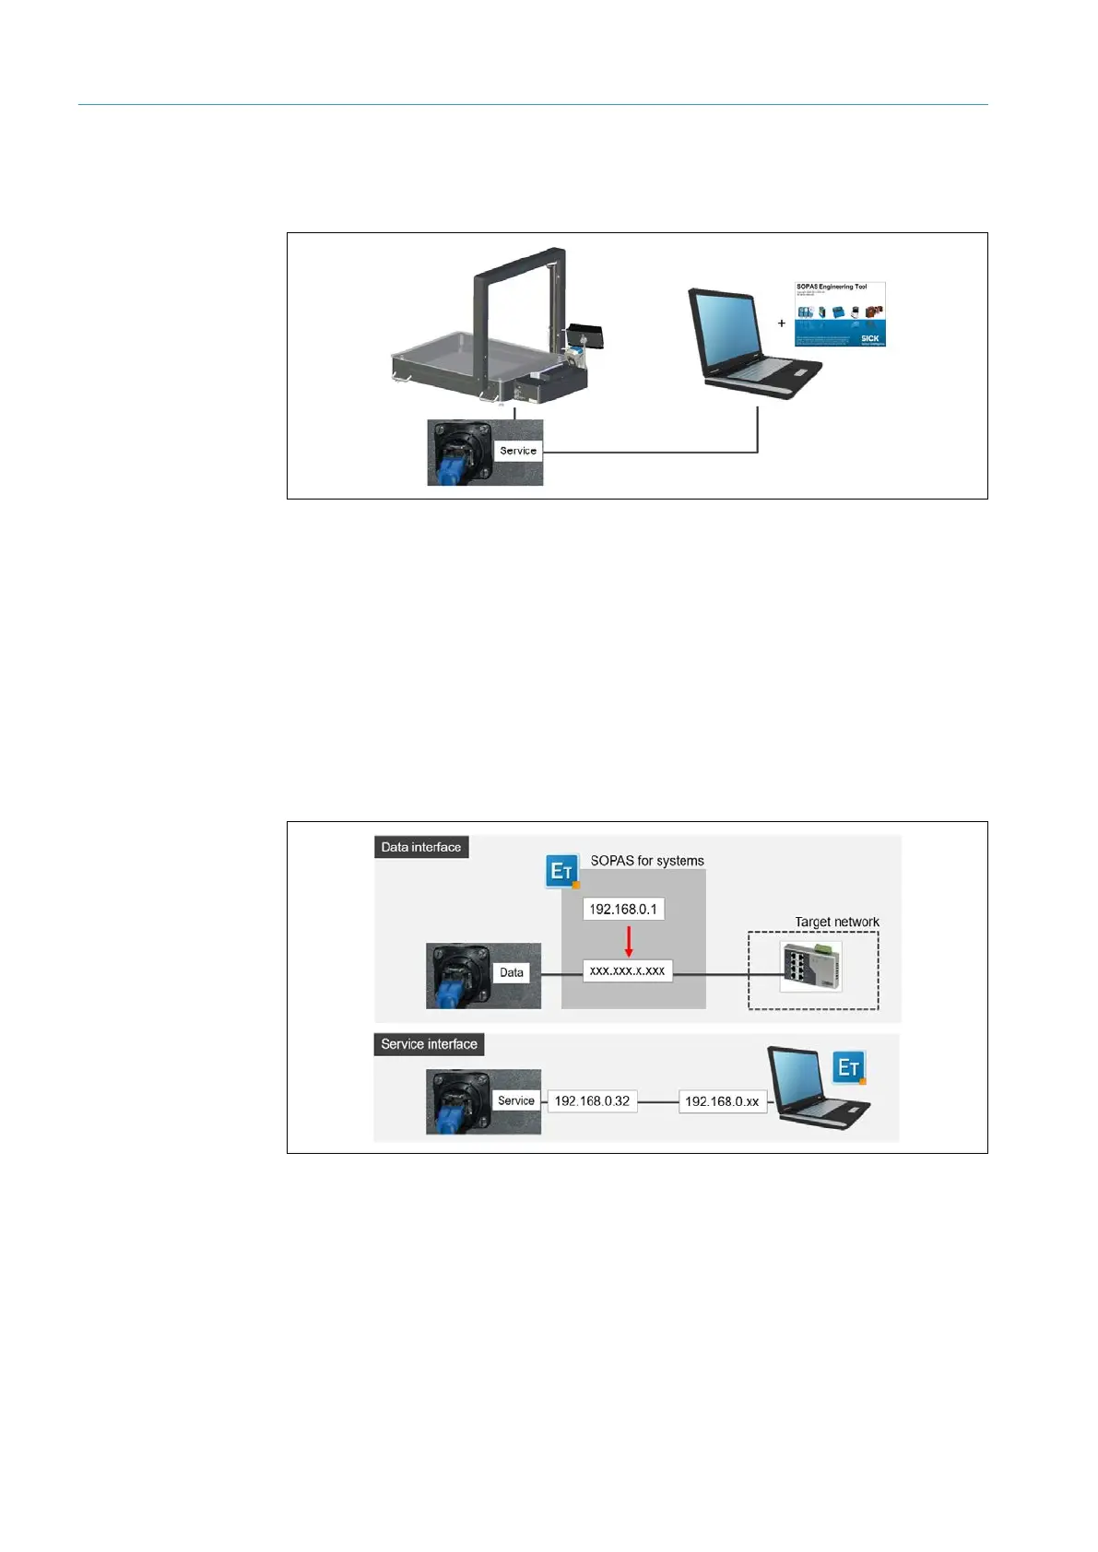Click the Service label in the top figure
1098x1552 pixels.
(x=517, y=451)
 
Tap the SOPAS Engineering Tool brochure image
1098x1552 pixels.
(x=840, y=314)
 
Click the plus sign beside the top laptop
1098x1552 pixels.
(x=782, y=323)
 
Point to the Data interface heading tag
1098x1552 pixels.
(x=421, y=847)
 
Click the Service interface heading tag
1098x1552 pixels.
(x=429, y=1044)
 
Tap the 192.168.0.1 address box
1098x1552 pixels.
(x=623, y=909)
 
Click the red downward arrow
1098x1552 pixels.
(x=629, y=941)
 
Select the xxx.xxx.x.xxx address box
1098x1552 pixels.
(x=627, y=971)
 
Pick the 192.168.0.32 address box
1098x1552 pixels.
(x=592, y=1101)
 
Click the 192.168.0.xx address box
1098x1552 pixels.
(x=722, y=1101)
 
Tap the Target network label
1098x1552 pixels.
(x=837, y=922)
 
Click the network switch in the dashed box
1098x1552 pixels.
(x=810, y=967)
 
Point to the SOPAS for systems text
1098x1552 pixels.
(x=647, y=861)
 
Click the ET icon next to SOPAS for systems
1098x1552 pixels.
(x=562, y=871)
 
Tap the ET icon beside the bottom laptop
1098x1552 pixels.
(x=849, y=1067)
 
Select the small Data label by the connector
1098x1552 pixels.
(x=512, y=972)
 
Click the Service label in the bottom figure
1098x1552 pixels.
(x=516, y=1100)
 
